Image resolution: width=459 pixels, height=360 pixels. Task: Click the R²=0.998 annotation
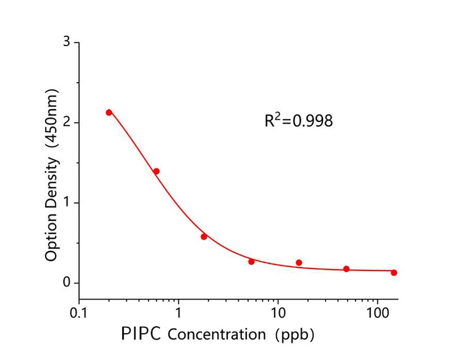299,120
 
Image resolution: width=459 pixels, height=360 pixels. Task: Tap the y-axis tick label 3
67,43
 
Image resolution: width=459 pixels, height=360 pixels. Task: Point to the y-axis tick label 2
67,123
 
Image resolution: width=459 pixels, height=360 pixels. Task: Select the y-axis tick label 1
67,202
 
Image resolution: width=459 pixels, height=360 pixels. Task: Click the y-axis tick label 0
67,282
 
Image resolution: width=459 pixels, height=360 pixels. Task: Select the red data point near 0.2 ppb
109,112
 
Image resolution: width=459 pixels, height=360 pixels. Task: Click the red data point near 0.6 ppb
156,171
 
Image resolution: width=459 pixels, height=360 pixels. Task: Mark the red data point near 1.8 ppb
204,237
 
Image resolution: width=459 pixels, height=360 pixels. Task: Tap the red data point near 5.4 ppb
251,262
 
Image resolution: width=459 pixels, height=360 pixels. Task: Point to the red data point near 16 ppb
299,263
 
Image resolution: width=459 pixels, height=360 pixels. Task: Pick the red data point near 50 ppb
346,269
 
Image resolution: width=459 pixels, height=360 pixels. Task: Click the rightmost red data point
394,273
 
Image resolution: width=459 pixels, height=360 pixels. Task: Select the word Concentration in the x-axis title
217,334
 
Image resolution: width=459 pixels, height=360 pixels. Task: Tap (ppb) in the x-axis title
294,334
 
